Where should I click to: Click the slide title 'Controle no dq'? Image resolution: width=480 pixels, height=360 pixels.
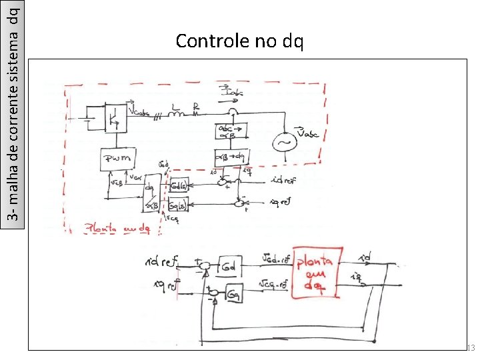[x=239, y=41]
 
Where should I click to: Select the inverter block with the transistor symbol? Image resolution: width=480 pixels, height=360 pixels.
[x=116, y=118]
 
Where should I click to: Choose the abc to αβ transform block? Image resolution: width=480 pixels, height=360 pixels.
[x=231, y=132]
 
